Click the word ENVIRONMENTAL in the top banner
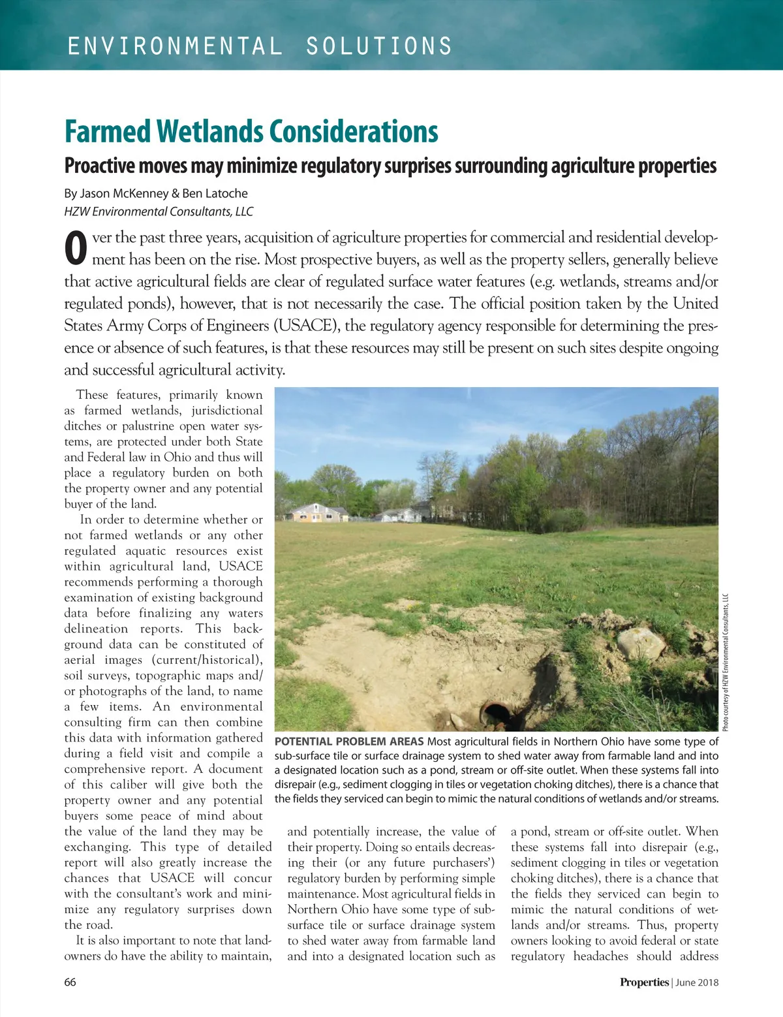(175, 46)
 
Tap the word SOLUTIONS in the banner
(379, 46)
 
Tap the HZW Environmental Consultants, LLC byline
(159, 211)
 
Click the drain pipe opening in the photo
(495, 714)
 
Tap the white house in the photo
(400, 515)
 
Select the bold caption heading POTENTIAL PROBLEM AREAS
(349, 742)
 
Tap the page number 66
(70, 982)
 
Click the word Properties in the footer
(644, 982)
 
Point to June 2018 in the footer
(697, 982)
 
